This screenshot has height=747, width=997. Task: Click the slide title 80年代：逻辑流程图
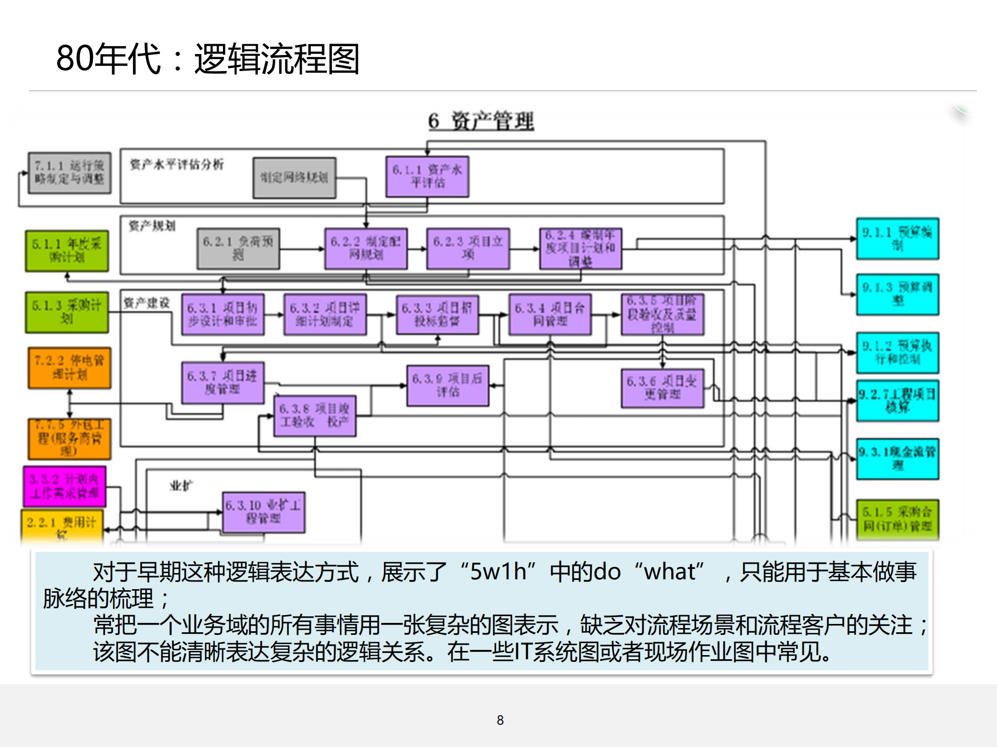tap(208, 59)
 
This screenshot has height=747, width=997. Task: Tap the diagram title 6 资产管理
tap(481, 121)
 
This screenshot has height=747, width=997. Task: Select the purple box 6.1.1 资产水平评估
tap(427, 176)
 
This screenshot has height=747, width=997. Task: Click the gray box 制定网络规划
tap(294, 178)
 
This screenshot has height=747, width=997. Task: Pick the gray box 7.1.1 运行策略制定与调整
tap(70, 173)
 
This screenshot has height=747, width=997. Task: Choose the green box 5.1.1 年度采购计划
tap(67, 251)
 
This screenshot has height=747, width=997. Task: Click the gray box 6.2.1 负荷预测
tap(238, 248)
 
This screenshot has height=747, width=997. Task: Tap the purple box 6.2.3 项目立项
tap(468, 248)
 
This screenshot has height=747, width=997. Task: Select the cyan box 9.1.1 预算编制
tap(897, 239)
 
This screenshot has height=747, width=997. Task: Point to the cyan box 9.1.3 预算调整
tap(897, 294)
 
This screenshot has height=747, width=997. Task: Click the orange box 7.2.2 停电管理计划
tap(70, 368)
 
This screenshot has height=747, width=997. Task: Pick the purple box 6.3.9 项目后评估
tap(448, 385)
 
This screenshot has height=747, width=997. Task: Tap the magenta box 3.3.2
tap(64, 486)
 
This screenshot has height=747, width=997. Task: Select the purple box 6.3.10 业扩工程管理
tap(263, 512)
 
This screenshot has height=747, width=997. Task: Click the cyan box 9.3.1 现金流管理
tap(897, 459)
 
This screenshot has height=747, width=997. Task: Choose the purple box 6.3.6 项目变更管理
tap(662, 388)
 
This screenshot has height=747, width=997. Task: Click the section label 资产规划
tap(152, 226)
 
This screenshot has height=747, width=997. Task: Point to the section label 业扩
tap(181, 486)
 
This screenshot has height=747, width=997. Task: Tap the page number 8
tap(500, 720)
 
